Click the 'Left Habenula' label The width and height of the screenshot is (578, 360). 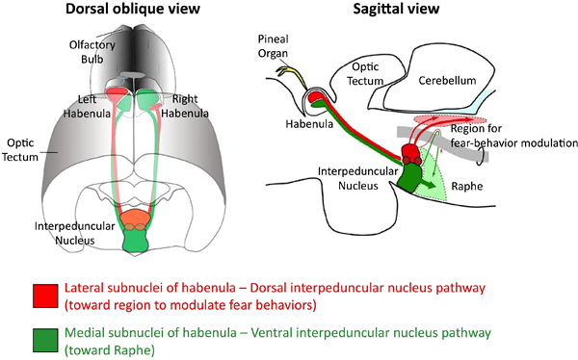86,105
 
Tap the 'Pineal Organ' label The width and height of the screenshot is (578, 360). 274,45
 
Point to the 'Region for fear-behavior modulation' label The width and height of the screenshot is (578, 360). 512,135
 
